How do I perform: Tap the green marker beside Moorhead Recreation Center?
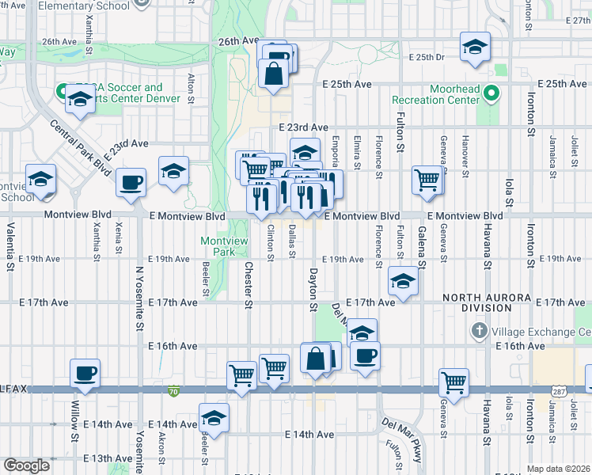491,93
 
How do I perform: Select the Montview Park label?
219,246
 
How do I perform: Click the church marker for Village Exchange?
478,329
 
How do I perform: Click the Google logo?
26,465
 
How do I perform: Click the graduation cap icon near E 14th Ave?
214,416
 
